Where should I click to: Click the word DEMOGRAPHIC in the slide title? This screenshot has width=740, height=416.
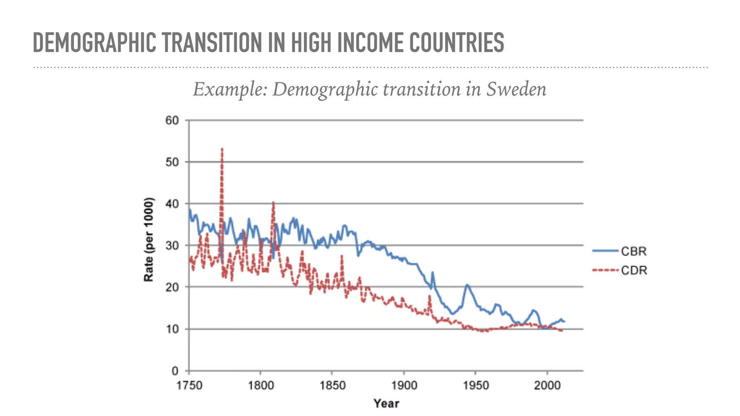pos(94,43)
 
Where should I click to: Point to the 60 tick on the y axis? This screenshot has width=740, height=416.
pos(172,120)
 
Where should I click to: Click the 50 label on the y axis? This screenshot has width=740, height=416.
pos(172,162)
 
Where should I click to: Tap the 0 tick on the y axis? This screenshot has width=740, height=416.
pos(175,371)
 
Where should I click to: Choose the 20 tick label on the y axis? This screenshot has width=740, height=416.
pos(172,287)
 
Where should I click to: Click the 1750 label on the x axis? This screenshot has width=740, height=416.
pos(189,385)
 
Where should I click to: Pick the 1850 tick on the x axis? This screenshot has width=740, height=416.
pos(332,385)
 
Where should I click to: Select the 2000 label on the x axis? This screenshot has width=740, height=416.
pos(547,385)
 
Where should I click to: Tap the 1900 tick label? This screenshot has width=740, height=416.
pos(404,385)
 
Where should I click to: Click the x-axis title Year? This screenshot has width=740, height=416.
pos(386,403)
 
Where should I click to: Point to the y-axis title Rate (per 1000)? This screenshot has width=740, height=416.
pos(149,239)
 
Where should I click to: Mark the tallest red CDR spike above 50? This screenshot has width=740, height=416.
pos(222,149)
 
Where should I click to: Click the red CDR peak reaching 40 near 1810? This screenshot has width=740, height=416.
pos(273,203)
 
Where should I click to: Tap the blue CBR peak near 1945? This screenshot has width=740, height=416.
pos(467,285)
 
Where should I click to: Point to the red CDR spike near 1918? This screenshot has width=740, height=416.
pos(430,296)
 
